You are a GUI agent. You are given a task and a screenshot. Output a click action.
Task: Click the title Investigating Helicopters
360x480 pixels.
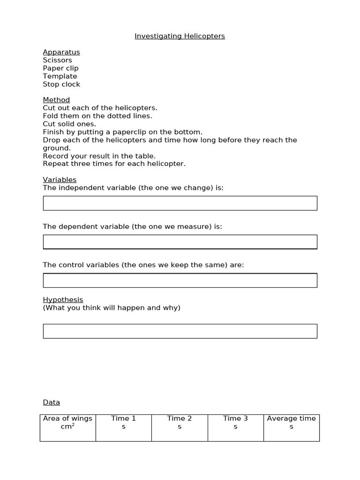180,36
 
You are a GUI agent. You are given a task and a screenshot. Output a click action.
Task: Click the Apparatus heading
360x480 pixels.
61,52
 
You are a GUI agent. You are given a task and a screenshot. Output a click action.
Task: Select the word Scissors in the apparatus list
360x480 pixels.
57,60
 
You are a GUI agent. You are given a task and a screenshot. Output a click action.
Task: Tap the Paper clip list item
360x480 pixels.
60,68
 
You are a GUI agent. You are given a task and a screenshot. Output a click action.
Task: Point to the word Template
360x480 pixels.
60,76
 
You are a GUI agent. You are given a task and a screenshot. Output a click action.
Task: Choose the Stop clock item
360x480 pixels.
61,84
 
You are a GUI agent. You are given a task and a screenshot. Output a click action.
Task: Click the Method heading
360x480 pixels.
56,100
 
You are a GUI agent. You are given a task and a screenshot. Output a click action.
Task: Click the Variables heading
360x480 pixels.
60,180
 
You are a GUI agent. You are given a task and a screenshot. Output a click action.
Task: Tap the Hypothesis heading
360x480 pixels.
63,300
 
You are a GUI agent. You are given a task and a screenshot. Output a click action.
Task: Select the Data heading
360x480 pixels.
52,402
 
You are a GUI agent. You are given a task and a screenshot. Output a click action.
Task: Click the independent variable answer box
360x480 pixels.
180,203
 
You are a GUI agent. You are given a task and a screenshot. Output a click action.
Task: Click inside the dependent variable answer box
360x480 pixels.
180,242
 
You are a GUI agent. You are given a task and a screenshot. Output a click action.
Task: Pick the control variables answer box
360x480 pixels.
180,280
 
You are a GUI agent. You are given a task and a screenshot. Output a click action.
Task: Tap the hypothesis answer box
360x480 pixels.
180,331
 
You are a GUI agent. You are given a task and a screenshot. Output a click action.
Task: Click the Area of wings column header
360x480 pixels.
67,422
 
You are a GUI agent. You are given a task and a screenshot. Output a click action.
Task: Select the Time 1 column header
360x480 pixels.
123,422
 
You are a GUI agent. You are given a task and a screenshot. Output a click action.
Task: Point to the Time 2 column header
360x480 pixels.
180,422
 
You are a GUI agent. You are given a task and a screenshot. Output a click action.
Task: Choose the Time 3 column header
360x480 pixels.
235,422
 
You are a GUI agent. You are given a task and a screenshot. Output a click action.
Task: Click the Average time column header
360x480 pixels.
291,422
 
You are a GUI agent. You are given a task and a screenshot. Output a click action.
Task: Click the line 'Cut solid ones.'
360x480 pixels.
69,124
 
